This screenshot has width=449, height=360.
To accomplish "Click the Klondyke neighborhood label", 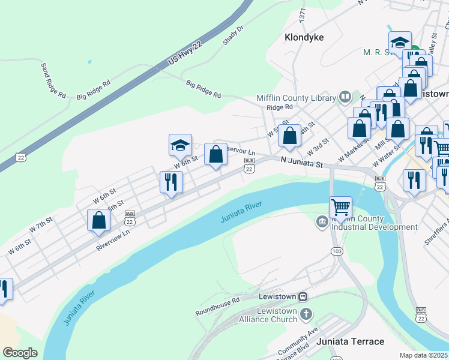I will tap(304, 37).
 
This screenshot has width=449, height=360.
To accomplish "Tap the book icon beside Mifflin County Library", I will tap(345, 97).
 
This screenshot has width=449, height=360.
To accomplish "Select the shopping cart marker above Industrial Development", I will tap(340, 208).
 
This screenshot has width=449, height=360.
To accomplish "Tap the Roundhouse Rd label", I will tap(217, 306).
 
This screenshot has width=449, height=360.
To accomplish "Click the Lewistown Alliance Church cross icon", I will tap(306, 313).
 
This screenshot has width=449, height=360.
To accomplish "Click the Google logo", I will tap(20, 353).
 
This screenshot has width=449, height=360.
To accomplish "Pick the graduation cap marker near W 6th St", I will tap(180, 145).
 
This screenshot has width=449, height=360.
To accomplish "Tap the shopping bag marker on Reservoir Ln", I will tap(216, 155).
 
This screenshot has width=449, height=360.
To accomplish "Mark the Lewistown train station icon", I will tap(304, 296).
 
